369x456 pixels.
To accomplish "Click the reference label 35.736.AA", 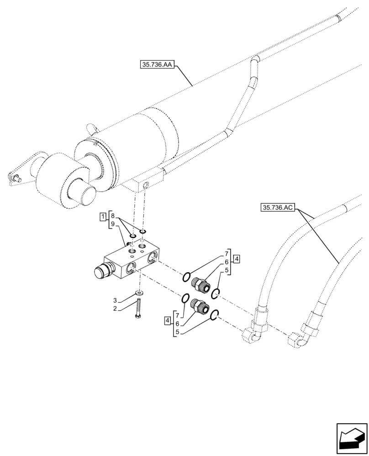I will (157, 65).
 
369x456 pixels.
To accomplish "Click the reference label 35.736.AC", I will (278, 207).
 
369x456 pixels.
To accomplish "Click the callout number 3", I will (116, 300).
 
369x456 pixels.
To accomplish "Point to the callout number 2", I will (116, 309).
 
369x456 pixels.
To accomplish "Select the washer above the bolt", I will (139, 293).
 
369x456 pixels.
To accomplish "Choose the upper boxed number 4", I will (236, 259).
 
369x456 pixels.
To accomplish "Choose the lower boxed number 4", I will (169, 321).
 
